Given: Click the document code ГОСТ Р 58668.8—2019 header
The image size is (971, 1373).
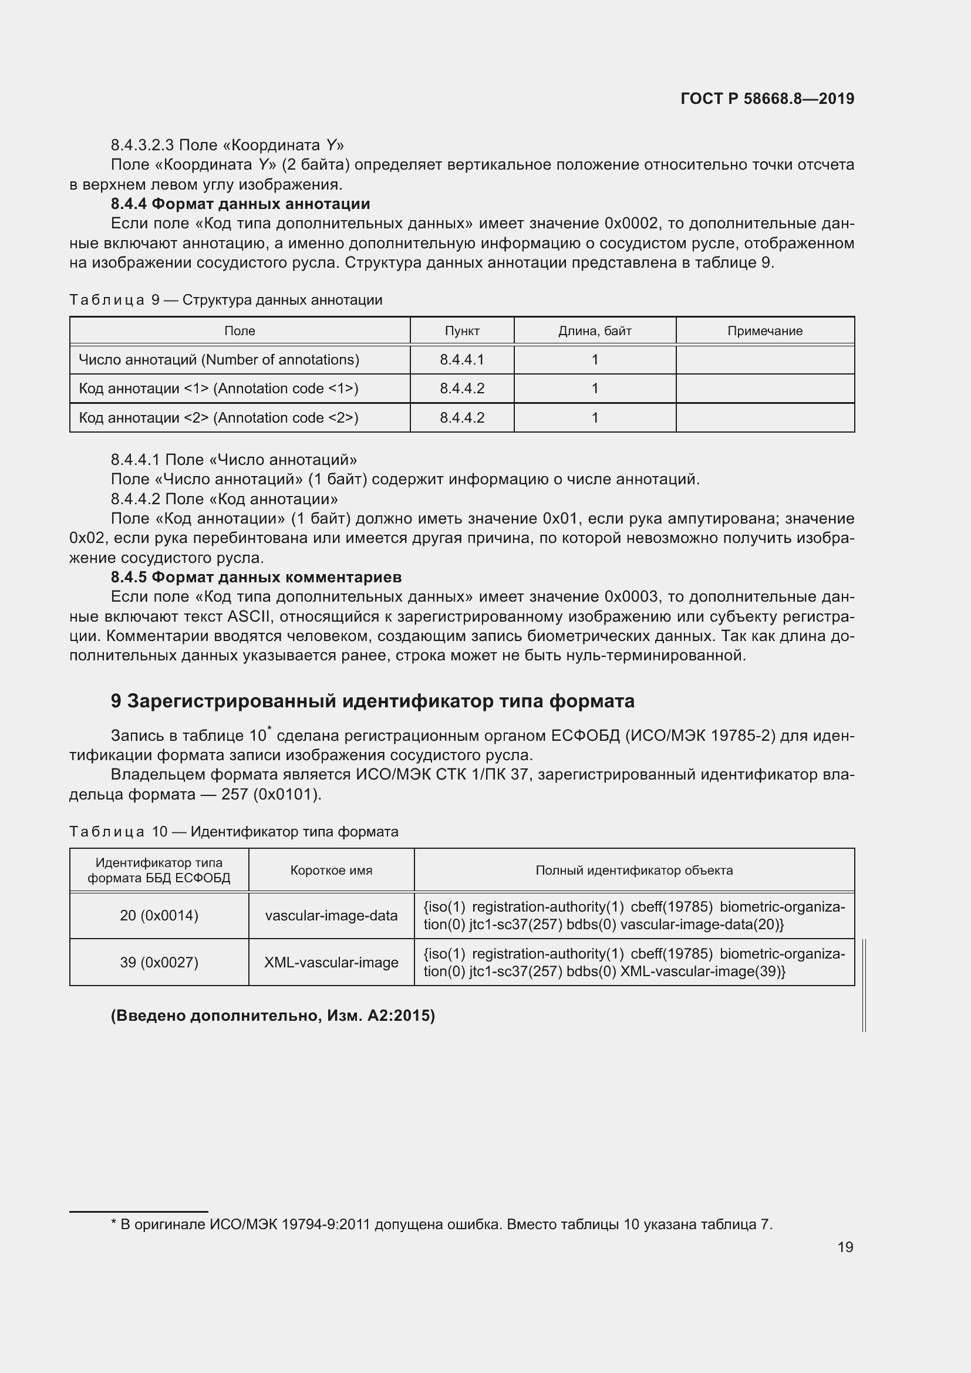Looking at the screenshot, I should [x=767, y=99].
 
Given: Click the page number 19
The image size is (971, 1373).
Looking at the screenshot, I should [x=845, y=1247].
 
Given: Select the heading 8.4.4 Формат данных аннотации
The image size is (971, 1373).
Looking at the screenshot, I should [x=240, y=204].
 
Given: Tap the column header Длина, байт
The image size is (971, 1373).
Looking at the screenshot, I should [x=594, y=330].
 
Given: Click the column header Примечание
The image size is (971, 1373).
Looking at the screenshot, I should [x=765, y=330].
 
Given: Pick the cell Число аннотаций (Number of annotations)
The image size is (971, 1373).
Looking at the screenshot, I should [x=219, y=359].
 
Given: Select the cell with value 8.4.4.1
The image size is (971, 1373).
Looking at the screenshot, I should [x=461, y=359].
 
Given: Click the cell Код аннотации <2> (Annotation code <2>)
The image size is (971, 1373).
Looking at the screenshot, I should [x=219, y=417].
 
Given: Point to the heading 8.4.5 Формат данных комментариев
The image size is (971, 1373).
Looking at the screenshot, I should [x=256, y=577].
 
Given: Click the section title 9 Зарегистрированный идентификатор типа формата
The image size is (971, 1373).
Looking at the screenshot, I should [x=373, y=701].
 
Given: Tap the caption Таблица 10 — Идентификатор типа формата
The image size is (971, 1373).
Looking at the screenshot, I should [x=234, y=831].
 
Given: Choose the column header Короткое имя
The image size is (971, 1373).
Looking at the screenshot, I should [x=331, y=870].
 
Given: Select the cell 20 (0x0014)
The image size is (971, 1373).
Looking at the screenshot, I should [x=159, y=915].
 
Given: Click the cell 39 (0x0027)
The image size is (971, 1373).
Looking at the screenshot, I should [x=159, y=962].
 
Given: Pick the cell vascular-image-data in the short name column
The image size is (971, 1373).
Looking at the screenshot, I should [x=331, y=915].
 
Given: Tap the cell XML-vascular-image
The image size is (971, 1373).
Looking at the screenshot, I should [x=331, y=962].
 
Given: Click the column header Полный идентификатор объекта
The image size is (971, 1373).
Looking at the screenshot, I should [x=634, y=870].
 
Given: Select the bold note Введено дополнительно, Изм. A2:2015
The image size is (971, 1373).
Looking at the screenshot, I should [x=272, y=1016].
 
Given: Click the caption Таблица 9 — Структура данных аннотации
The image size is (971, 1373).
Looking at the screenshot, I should [x=226, y=299].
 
